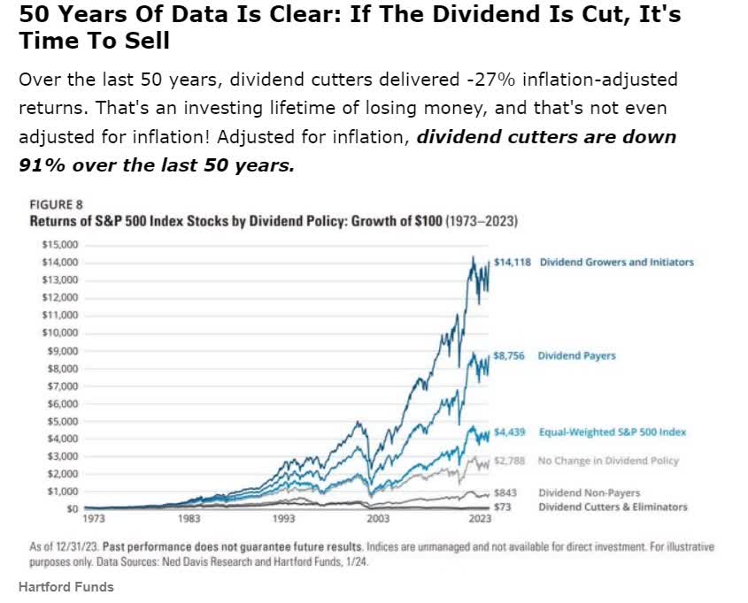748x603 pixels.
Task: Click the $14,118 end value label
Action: [513, 263]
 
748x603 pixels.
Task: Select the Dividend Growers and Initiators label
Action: [616, 263]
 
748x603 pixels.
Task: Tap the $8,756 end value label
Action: [510, 355]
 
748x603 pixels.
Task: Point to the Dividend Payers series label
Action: [576, 355]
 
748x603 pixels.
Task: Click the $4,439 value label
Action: [510, 432]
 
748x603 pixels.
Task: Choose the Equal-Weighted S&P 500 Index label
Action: [613, 432]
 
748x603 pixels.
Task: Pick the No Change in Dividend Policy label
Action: [608, 461]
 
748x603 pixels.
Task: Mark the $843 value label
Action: [505, 492]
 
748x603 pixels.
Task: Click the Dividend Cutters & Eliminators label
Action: [613, 507]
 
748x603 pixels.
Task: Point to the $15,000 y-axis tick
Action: [58, 245]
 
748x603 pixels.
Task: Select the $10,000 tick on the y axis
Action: [58, 333]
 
